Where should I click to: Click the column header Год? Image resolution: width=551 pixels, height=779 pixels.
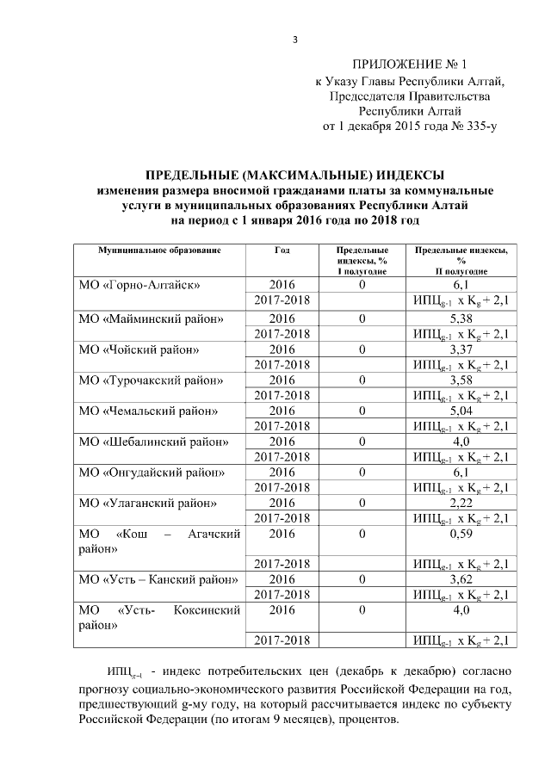282,250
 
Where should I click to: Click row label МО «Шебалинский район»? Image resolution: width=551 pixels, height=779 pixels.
153,442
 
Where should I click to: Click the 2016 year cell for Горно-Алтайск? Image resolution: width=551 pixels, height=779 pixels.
282,284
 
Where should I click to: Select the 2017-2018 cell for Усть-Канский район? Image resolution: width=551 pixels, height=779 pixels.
282,594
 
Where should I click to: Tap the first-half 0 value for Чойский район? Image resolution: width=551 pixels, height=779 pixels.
362,349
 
